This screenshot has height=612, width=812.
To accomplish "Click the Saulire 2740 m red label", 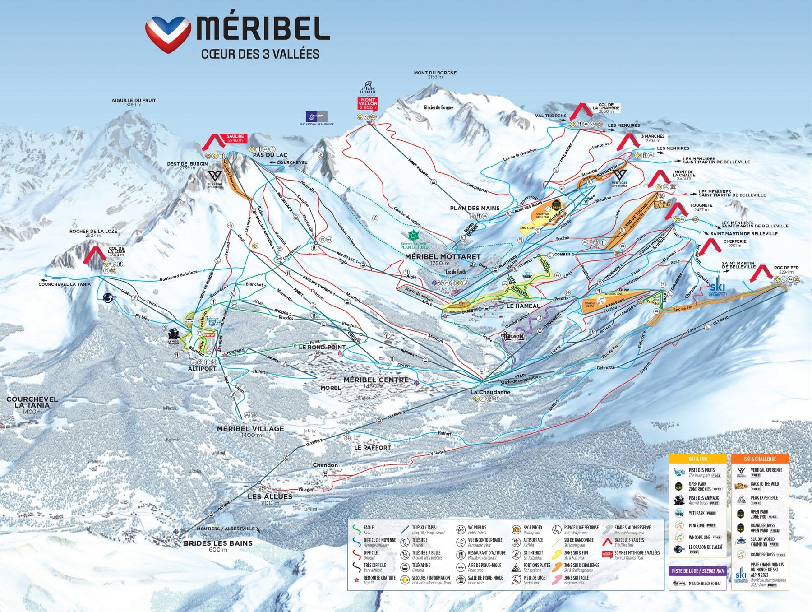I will pyautogui.click(x=235, y=138).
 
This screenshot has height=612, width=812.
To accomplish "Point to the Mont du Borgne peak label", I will pyautogui.click(x=435, y=74).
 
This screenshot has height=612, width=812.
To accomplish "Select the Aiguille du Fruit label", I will pyautogui.click(x=134, y=102).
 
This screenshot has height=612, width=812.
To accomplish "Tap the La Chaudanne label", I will pyautogui.click(x=490, y=392).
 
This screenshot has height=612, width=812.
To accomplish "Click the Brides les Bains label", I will pyautogui.click(x=218, y=543).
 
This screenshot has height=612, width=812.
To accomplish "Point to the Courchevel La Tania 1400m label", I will pyautogui.click(x=32, y=403).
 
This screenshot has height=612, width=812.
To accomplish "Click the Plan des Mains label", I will pyautogui.click(x=475, y=208).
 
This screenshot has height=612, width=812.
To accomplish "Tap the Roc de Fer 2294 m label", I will pyautogui.click(x=786, y=269).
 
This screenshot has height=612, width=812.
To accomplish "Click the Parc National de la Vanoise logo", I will pyautogui.click(x=317, y=118).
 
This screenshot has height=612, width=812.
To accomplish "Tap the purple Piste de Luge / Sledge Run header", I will pyautogui.click(x=697, y=571).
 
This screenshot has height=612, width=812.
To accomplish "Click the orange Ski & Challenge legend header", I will pyautogui.click(x=760, y=459).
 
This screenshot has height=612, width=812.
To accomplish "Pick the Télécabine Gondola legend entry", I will pyautogui.click(x=421, y=567).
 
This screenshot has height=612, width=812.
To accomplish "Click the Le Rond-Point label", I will pyautogui.click(x=322, y=348).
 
